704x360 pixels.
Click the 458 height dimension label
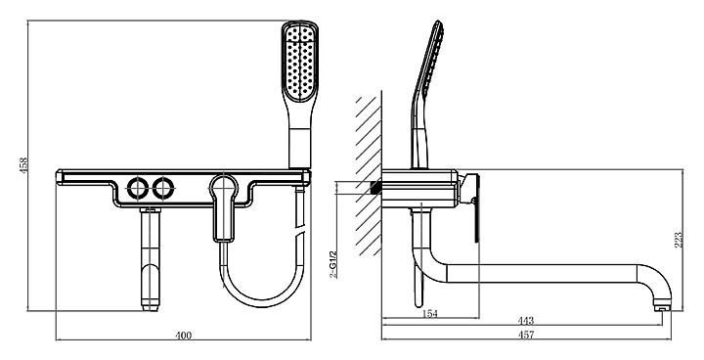23,164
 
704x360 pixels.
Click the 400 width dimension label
183,336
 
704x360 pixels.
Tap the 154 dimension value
430,314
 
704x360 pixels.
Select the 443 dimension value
526,321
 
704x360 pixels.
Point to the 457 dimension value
526,335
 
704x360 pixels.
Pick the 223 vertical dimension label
679,240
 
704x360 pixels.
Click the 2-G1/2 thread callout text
332,264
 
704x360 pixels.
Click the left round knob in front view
136,188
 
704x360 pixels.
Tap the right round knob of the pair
162,188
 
